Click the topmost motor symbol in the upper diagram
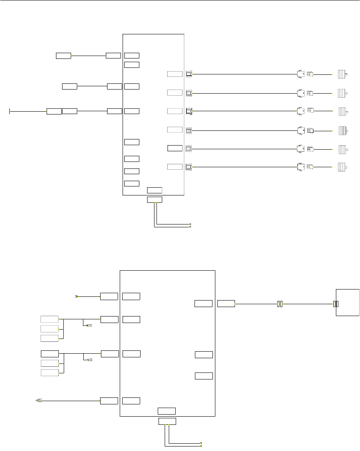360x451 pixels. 342,74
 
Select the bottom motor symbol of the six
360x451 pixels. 342,167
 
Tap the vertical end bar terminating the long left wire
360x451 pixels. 10,111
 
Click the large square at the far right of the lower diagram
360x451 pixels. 348,302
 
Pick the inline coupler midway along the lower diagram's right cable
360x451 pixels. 280,304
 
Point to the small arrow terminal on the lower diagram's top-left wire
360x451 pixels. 76,296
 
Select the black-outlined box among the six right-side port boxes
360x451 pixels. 175,148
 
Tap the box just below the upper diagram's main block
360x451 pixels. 154,200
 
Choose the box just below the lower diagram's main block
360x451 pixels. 167,422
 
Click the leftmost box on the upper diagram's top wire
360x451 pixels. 63,55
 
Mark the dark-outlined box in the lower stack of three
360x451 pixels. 49,353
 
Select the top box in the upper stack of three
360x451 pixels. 49,319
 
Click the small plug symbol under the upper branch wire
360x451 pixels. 89,325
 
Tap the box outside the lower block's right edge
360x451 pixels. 226,303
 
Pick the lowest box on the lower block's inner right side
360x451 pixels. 204,376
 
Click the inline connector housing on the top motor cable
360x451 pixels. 301,74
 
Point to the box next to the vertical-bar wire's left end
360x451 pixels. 54,111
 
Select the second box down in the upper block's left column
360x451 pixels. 132,64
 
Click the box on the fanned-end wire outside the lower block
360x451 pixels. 109,400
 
